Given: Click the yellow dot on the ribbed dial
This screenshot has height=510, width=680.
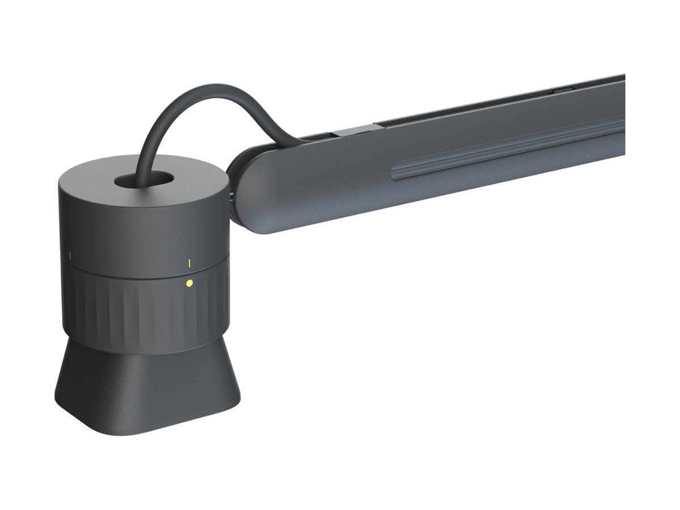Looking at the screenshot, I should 189,283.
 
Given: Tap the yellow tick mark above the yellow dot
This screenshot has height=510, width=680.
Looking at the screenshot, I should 189,262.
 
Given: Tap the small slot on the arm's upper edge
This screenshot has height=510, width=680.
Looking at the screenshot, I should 561,89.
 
